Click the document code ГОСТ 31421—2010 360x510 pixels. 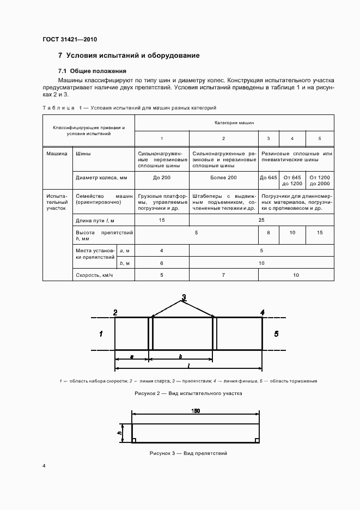69,40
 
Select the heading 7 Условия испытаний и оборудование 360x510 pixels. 129,56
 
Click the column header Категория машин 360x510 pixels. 234,124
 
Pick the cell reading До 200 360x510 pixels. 161,178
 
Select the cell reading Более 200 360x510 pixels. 224,178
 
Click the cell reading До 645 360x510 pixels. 269,178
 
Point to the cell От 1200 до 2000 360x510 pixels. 319,180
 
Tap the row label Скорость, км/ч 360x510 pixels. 95,275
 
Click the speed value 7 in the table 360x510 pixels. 224,275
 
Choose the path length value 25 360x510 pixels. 261,220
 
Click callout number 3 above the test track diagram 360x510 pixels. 184,297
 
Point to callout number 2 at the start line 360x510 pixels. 115,312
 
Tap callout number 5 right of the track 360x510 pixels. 276,333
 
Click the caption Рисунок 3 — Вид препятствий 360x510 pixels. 188,453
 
